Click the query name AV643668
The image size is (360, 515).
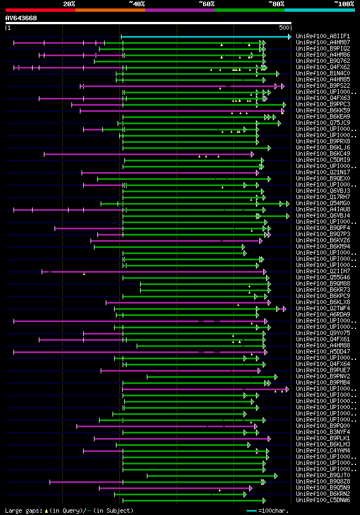[21, 18]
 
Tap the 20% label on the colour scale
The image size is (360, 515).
[69, 3]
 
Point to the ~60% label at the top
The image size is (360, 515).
[206, 3]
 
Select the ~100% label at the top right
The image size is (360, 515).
[344, 3]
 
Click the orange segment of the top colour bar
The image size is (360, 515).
[110, 10]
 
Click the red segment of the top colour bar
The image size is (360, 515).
[40, 10]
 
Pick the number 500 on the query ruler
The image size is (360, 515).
[284, 28]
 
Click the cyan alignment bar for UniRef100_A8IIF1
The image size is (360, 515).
[205, 37]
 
